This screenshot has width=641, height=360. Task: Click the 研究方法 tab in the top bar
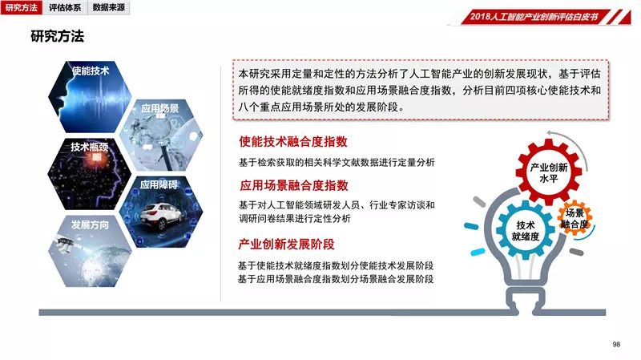point(22,7)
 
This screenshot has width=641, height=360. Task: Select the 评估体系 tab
point(65,7)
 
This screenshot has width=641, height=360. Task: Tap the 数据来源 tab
point(108,7)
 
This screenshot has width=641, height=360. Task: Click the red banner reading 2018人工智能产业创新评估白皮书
point(538,17)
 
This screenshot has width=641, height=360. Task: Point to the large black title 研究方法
point(57,36)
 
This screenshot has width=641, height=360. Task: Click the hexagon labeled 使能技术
point(90,97)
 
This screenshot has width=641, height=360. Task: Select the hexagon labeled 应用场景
point(161,136)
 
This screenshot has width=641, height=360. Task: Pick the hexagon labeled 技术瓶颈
point(90,174)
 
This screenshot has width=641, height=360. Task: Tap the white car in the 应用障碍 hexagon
point(161,216)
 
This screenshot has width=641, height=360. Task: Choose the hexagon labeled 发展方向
point(90,251)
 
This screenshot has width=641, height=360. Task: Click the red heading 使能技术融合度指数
point(293,142)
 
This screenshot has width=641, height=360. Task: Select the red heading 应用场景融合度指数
point(294,185)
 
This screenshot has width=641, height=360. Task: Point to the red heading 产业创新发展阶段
point(286,245)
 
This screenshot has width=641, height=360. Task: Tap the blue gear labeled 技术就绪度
point(526,230)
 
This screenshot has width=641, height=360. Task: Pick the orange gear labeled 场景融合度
point(574,218)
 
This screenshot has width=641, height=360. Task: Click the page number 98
point(616,345)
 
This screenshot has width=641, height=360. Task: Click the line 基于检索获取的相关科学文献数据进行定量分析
point(337,163)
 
